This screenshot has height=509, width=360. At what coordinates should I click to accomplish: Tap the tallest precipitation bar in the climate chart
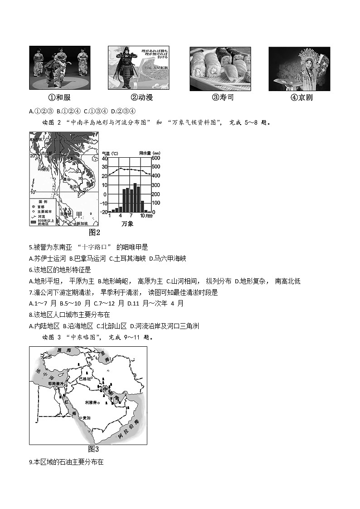pos(135,198)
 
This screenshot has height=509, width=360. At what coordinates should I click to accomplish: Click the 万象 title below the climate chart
pos(127,224)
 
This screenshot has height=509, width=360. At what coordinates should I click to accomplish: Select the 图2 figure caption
pos(94,233)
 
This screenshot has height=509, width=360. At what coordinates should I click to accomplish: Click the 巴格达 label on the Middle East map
pos(85,378)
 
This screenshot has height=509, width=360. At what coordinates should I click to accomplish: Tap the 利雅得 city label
pos(91,402)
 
